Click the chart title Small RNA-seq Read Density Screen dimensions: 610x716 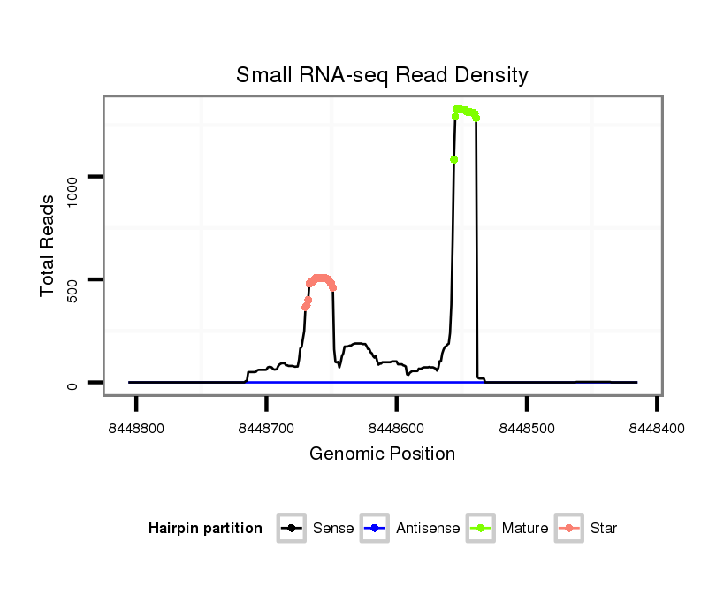pyautogui.click(x=382, y=75)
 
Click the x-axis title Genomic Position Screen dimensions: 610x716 pyautogui.click(x=382, y=454)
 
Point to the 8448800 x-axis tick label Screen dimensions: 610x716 pyautogui.click(x=136, y=428)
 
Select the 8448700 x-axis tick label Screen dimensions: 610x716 pyautogui.click(x=266, y=428)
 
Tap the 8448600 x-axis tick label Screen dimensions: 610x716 pyautogui.click(x=396, y=428)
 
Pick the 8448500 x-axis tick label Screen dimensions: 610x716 pyautogui.click(x=527, y=428)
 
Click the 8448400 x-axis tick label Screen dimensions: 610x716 pyautogui.click(x=657, y=428)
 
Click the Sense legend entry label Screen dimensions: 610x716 pyautogui.click(x=333, y=529)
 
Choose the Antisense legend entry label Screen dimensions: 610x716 pyautogui.click(x=428, y=529)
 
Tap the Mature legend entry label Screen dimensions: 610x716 pyautogui.click(x=525, y=529)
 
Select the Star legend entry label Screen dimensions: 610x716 pyautogui.click(x=604, y=529)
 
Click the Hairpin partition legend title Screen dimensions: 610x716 pyautogui.click(x=205, y=529)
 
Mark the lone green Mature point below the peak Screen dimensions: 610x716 pyautogui.click(x=453, y=159)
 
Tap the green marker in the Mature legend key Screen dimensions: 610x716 pyautogui.click(x=483, y=529)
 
